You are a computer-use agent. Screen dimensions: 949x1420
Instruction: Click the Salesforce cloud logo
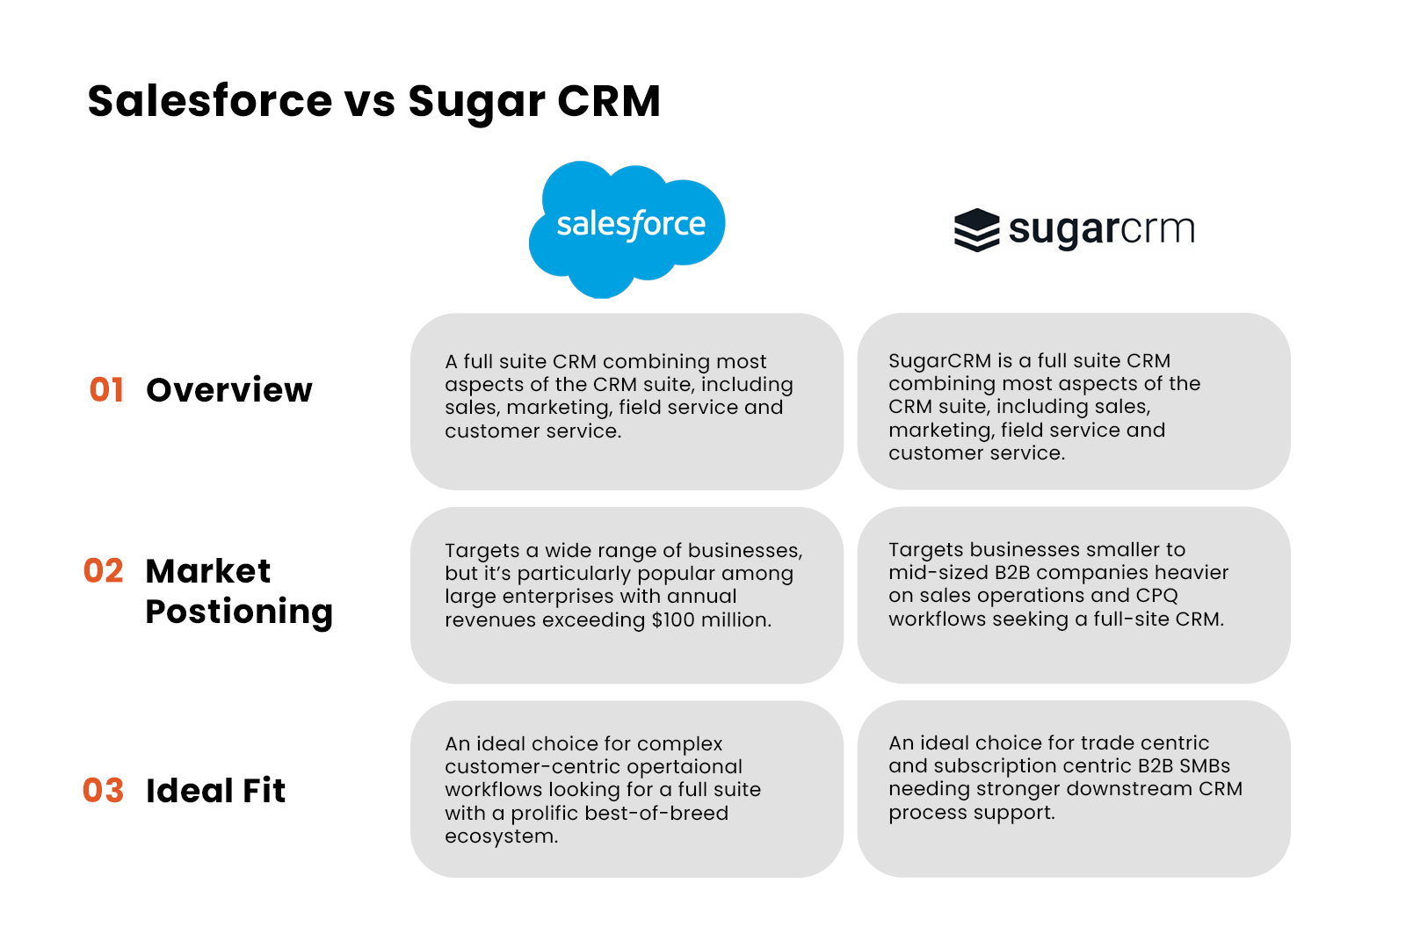pos(627,227)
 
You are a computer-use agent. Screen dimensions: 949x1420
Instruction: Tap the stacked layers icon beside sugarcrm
pos(976,230)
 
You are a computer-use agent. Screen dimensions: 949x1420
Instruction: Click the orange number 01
pos(106,390)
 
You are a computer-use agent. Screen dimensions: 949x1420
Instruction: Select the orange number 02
pos(104,571)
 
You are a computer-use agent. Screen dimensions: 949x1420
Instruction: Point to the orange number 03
pos(104,791)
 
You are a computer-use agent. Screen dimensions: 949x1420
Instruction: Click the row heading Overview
pos(229,390)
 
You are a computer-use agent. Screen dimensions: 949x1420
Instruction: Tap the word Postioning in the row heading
pos(239,612)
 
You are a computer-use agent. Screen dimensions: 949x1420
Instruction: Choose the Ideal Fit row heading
pos(216,791)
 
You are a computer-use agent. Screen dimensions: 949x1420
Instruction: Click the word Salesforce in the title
pos(210,100)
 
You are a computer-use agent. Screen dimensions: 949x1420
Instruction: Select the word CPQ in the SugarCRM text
pos(1156,596)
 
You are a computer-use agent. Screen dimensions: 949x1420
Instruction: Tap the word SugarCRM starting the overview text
pos(939,361)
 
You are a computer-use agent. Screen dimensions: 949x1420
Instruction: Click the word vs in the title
pos(369,102)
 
